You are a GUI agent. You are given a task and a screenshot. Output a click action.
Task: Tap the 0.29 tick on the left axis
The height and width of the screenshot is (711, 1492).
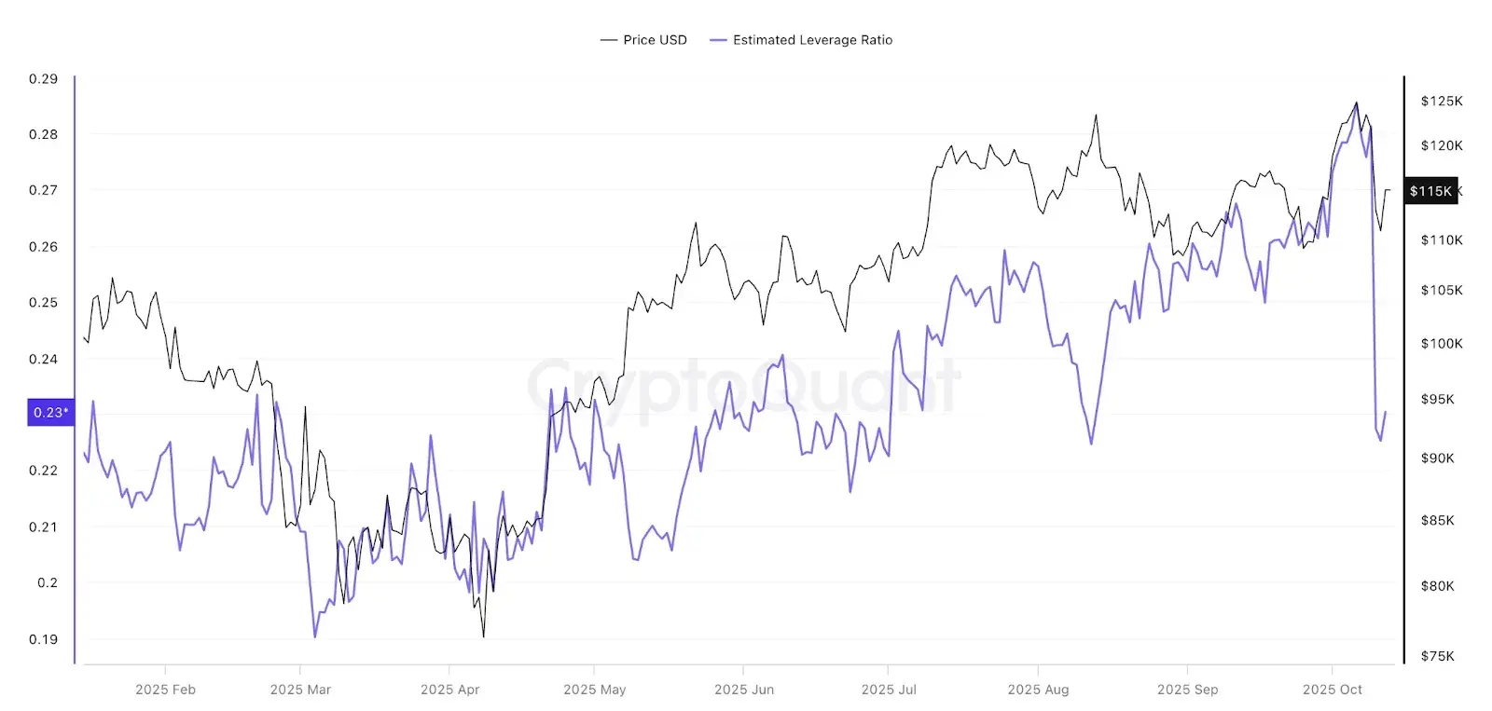[x=43, y=79]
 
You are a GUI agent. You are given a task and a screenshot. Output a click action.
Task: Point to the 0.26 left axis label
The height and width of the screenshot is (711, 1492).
[x=43, y=247]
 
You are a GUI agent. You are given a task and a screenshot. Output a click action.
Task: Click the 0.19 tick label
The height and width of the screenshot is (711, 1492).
[x=43, y=639]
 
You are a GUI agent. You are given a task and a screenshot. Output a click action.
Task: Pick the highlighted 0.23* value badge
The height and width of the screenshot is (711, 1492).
[x=50, y=412]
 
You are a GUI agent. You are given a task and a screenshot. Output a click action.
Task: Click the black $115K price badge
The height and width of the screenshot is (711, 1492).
[x=1430, y=191]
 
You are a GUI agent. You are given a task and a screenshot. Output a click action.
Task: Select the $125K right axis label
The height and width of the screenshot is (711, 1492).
[x=1442, y=101]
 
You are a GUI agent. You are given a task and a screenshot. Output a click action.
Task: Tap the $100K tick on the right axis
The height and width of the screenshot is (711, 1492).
[x=1442, y=344]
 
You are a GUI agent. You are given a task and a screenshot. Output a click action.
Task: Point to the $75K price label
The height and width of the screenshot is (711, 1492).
[x=1437, y=656]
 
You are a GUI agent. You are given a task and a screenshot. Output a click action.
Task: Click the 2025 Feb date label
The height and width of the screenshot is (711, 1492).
[x=165, y=690]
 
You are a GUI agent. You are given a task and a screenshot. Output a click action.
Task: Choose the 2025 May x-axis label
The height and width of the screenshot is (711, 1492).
[x=594, y=690]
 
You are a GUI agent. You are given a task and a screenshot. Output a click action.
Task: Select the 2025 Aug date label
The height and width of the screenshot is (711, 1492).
[x=1038, y=690]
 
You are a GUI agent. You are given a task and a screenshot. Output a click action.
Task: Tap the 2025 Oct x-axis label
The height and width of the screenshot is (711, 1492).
[x=1332, y=690]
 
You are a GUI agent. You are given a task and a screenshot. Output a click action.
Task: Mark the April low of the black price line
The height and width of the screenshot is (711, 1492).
[x=483, y=636]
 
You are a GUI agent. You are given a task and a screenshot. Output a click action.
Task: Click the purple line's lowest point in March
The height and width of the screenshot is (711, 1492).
[x=315, y=636]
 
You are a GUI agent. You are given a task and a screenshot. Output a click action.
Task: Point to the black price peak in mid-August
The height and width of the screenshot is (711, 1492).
[x=1096, y=116]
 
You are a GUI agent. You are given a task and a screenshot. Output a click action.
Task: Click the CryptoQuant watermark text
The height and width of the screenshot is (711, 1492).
[x=743, y=386]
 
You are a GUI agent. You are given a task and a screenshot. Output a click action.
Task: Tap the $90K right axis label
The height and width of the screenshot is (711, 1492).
[x=1437, y=458]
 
